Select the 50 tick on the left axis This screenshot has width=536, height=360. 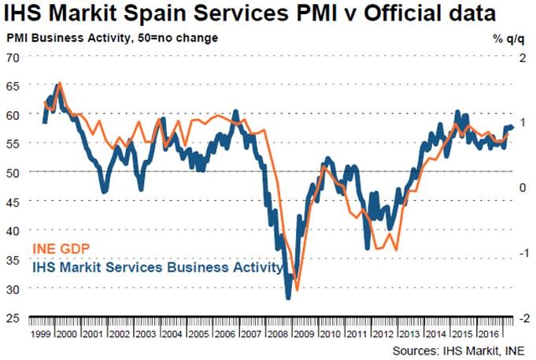click(13, 172)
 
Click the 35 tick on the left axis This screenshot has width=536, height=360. click(13, 259)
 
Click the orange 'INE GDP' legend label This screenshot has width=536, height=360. click(60, 251)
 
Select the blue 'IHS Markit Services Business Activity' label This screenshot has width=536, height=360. click(157, 268)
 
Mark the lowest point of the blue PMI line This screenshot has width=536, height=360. click(288, 298)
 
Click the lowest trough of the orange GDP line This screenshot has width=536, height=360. click(297, 289)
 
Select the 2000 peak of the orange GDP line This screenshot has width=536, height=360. click(60, 82)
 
